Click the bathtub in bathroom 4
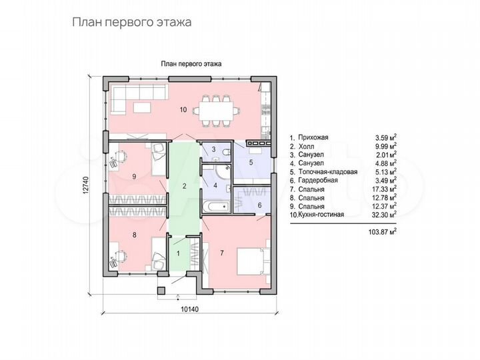(215, 207)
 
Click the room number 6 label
(259, 205)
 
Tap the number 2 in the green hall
(184, 185)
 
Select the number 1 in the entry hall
(178, 253)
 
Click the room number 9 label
(135, 176)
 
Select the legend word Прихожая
(315, 137)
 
